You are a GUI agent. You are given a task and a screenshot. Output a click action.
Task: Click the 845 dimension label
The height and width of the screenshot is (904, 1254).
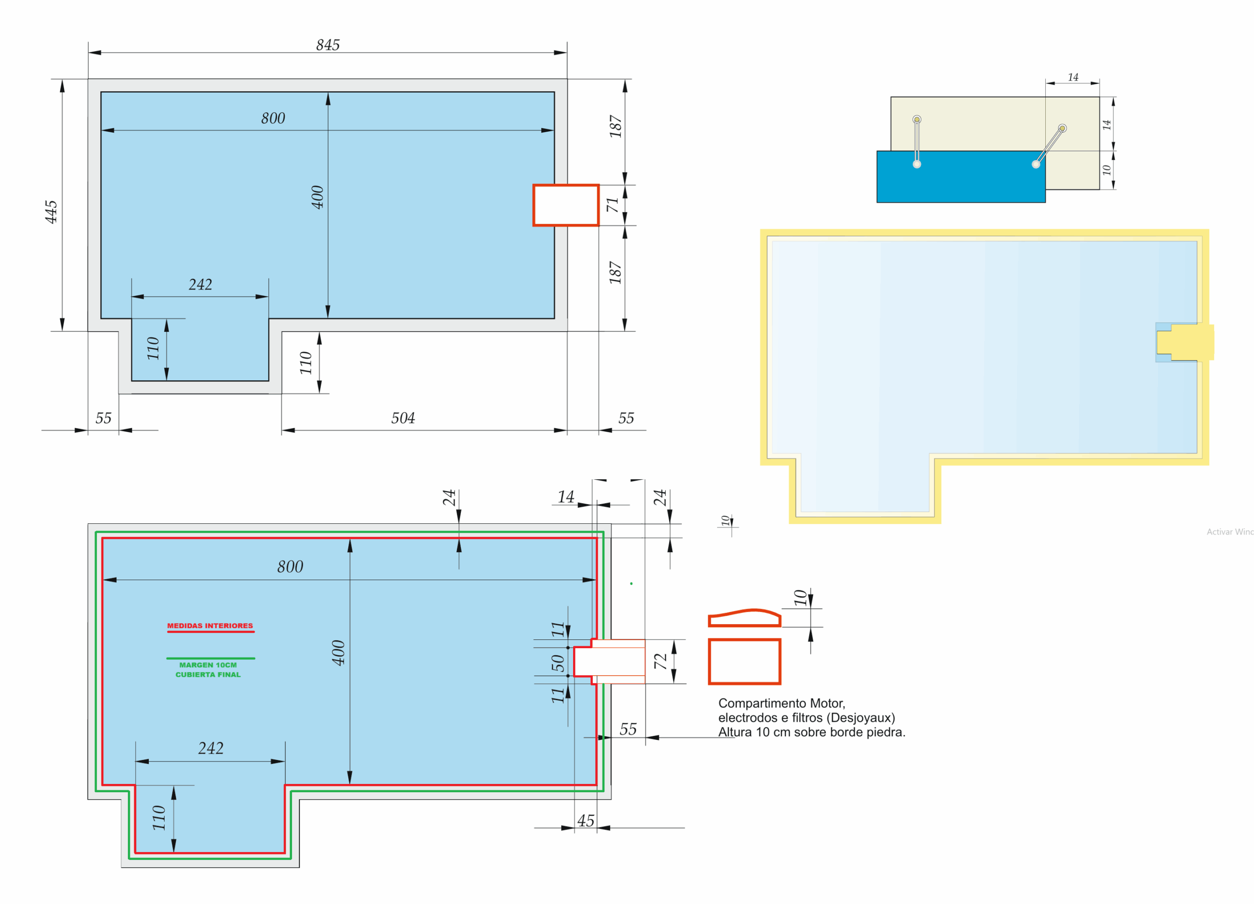(328, 45)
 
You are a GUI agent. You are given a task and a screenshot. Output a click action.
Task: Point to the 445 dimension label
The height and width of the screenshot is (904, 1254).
(51, 212)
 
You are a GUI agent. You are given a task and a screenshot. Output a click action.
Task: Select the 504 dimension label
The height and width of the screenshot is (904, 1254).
(403, 418)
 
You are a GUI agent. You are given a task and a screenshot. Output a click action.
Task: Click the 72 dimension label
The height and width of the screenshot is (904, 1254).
(660, 661)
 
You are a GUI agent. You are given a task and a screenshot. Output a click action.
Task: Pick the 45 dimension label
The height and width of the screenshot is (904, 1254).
(585, 821)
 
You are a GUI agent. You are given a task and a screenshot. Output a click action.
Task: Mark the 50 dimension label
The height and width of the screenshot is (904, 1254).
(558, 662)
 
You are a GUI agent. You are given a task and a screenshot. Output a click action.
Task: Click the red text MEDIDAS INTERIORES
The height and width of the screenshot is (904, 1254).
(210, 626)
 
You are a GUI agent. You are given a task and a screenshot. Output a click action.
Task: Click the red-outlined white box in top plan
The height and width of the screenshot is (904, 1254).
(566, 205)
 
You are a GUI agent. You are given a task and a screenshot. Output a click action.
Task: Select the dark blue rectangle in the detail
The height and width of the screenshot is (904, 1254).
(961, 177)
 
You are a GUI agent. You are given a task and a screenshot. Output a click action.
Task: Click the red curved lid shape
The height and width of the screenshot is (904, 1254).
(744, 617)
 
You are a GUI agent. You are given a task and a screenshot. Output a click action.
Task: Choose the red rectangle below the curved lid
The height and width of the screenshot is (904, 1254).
(744, 661)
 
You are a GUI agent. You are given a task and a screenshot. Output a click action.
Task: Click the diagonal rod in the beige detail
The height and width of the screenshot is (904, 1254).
(1049, 146)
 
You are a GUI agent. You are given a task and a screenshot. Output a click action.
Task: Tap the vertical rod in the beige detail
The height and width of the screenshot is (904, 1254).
(916, 142)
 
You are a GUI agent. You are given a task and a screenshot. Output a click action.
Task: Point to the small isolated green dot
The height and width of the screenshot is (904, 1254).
(631, 584)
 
